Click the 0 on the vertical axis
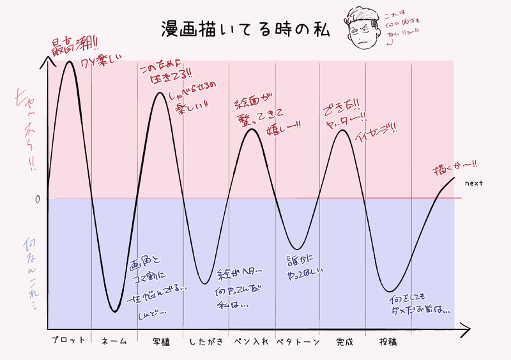pyautogui.click(x=38, y=199)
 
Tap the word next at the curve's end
pyautogui.click(x=473, y=184)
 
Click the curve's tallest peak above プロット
pyautogui.click(x=69, y=61)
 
